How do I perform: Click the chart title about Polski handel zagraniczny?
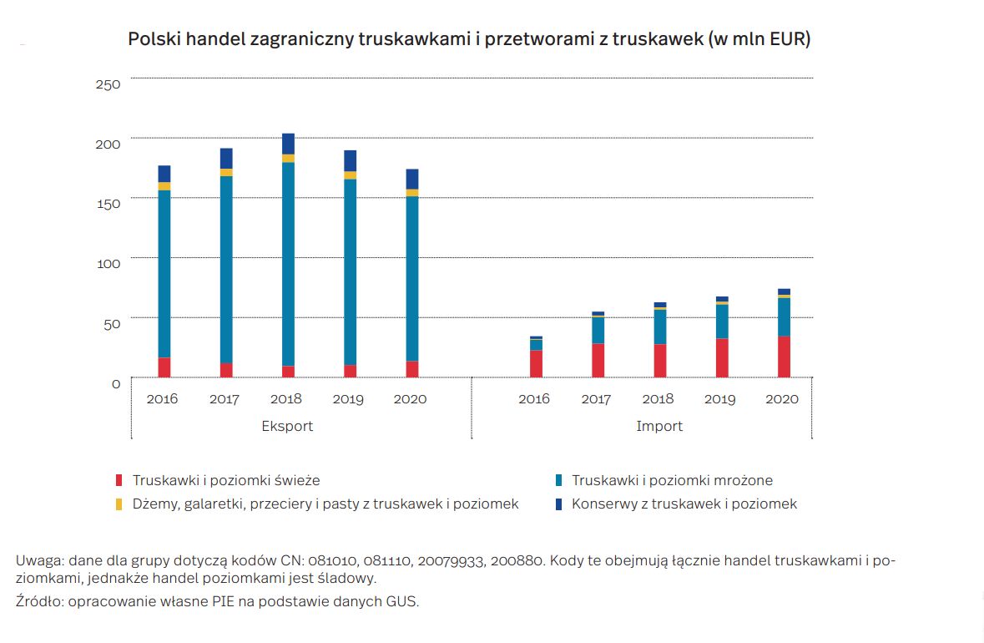pos(469,39)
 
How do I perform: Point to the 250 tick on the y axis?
pos(108,84)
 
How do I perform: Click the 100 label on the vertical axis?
pos(109,263)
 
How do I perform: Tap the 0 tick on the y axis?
pos(116,383)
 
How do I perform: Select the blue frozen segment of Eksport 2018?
pos(288,264)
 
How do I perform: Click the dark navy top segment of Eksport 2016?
pos(164,174)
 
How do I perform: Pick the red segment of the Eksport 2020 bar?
pos(412,369)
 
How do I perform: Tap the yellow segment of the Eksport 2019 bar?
pos(350,175)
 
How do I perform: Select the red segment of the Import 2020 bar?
pos(784,357)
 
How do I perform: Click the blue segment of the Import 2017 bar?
pos(598,330)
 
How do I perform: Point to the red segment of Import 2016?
pos(536,363)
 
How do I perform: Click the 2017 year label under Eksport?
pos(225,399)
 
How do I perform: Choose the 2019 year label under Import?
pos(719,399)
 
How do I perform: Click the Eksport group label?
pos(287,426)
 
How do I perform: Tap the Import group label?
pos(659,426)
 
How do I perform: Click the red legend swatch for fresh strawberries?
pos(119,481)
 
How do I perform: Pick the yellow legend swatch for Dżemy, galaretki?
pos(119,504)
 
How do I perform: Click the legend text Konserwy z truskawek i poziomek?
pos(684,504)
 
